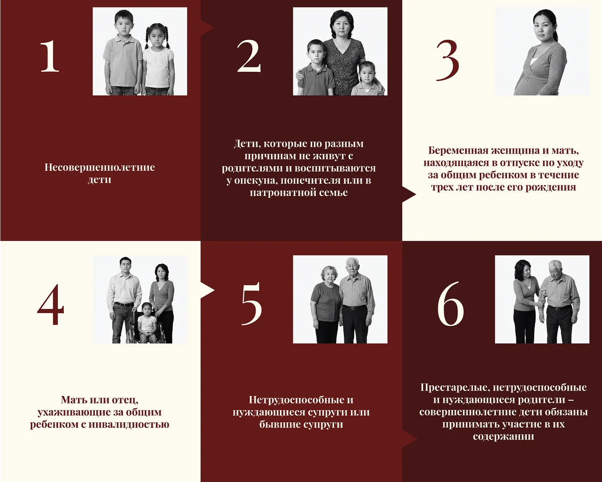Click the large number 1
(x=49, y=56)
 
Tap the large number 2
(x=249, y=56)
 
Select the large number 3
(x=448, y=60)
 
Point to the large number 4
(x=51, y=305)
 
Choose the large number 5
(x=252, y=304)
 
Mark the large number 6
(x=451, y=303)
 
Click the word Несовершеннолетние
(x=99, y=167)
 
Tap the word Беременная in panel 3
(x=458, y=151)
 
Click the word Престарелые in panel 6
(x=454, y=388)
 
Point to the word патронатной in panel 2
(x=283, y=193)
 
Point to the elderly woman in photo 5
(x=326, y=305)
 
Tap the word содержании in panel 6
(x=503, y=437)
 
